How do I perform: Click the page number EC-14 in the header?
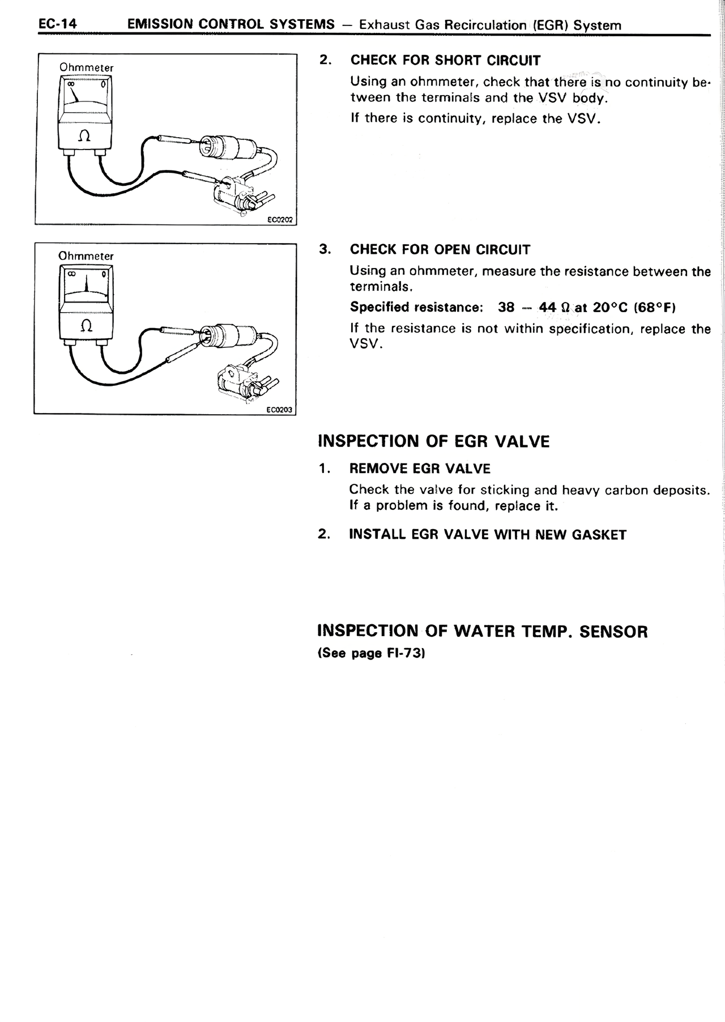[x=57, y=24]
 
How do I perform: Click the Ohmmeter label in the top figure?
[x=87, y=68]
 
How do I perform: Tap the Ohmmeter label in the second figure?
[x=86, y=256]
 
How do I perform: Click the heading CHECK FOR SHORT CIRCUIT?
[x=445, y=61]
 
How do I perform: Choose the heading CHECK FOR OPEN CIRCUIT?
[x=440, y=250]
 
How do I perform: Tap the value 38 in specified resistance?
[x=506, y=308]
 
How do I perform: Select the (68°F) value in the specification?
[x=655, y=308]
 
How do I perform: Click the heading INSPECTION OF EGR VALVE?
[x=433, y=441]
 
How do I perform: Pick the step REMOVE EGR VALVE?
[x=420, y=469]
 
